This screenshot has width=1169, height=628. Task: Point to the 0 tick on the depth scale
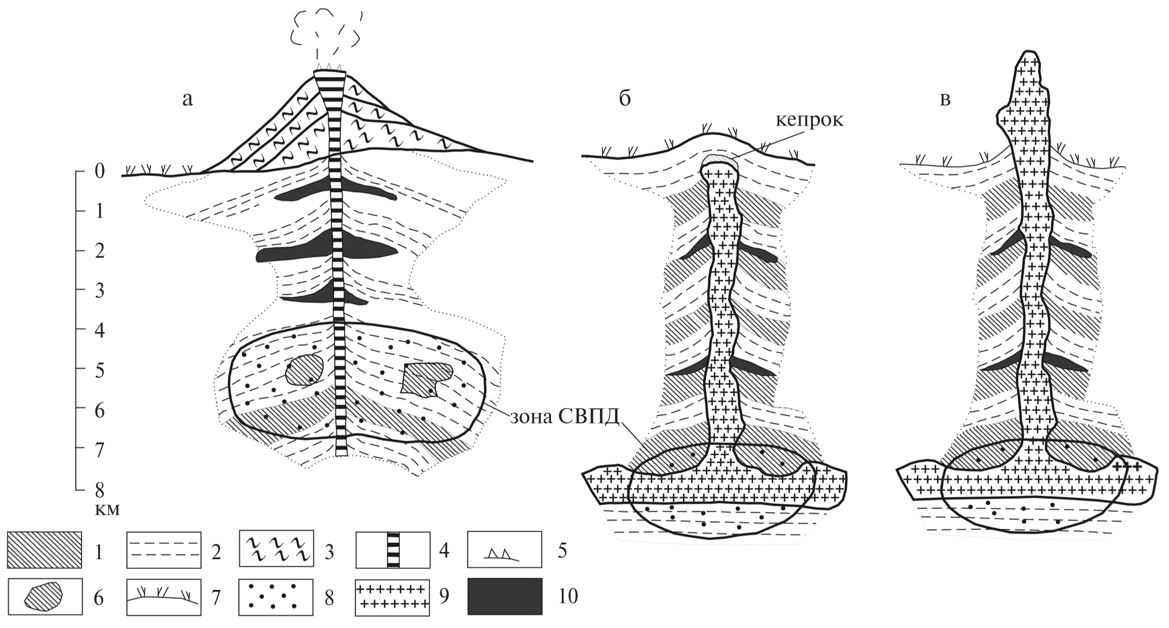click(99, 170)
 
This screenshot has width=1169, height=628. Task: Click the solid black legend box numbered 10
click(504, 596)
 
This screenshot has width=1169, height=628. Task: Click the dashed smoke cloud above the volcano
click(325, 34)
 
